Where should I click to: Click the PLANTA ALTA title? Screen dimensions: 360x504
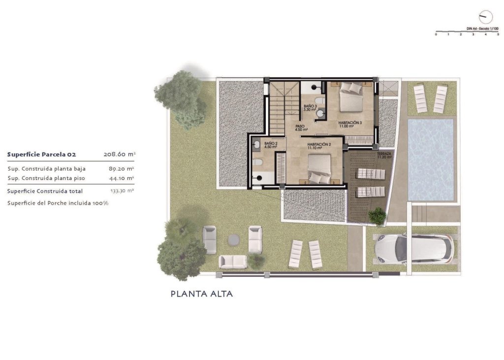point(201,294)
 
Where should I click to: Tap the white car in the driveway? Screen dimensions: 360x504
point(413,248)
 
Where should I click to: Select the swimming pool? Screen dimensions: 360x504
point(431,159)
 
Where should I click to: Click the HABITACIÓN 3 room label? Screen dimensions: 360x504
point(350,123)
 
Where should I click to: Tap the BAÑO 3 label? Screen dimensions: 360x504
point(310,107)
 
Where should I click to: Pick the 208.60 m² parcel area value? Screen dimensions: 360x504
point(119,154)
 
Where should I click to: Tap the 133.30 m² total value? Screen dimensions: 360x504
point(122,191)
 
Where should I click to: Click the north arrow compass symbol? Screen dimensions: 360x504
point(485,16)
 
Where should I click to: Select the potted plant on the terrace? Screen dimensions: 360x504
point(378,215)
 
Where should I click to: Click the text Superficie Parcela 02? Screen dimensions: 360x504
point(41,154)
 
